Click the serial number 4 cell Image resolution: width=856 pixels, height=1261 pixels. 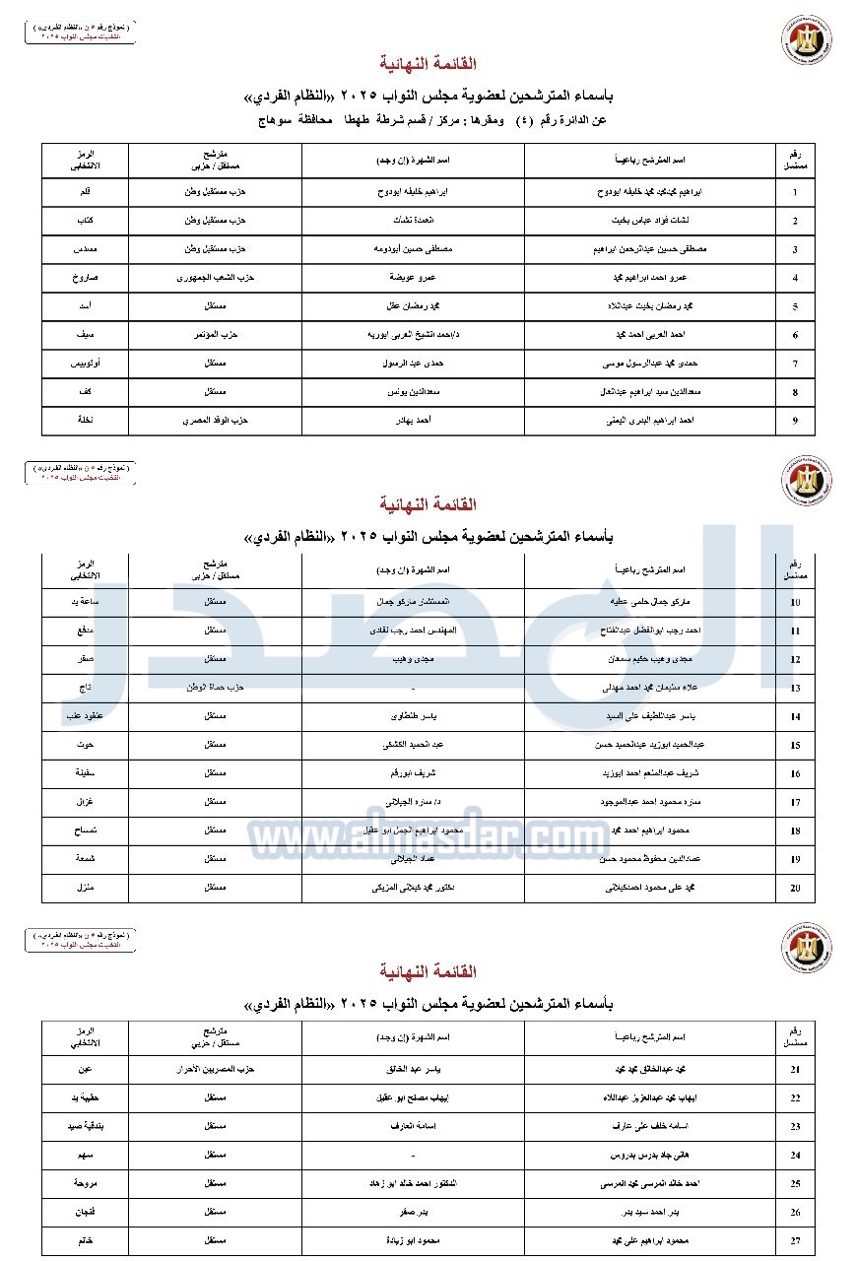click(x=795, y=279)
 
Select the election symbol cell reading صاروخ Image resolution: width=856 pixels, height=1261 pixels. click(x=84, y=279)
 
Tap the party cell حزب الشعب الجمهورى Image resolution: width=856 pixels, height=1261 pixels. click(x=216, y=279)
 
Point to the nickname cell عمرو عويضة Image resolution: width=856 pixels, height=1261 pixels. click(x=413, y=279)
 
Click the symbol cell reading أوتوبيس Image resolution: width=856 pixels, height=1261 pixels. click(x=84, y=364)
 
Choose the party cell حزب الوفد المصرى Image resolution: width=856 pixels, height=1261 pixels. click(x=216, y=421)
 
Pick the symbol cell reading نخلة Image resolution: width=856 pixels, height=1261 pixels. click(x=84, y=421)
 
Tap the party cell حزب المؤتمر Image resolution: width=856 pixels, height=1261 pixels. click(x=216, y=335)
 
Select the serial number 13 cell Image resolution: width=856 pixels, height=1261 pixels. click(x=795, y=689)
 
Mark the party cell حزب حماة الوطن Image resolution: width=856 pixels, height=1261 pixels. click(x=216, y=688)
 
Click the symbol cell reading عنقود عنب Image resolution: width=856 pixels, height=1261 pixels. click(x=84, y=717)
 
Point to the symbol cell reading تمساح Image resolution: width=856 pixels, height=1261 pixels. click(x=84, y=831)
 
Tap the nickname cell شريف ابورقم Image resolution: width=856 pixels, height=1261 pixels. click(x=413, y=774)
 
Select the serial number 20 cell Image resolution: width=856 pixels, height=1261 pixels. click(x=795, y=889)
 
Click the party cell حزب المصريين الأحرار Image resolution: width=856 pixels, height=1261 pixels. click(x=216, y=1069)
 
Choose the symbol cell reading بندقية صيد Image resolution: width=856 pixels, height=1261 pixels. click(x=84, y=1126)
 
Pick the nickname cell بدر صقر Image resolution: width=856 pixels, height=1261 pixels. click(x=413, y=1212)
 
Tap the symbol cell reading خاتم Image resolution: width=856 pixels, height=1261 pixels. click(x=84, y=1240)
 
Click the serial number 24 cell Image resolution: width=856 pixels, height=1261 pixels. click(x=795, y=1156)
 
